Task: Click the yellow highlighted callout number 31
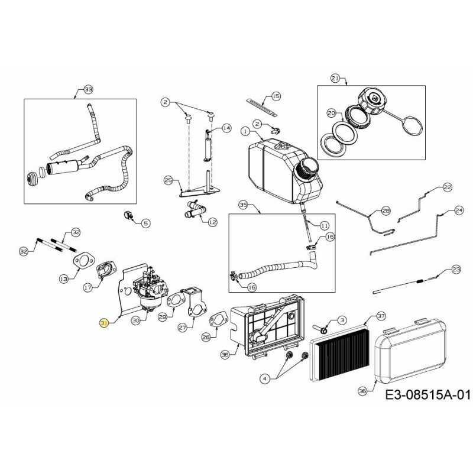pos(105,323)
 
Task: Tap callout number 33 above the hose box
pos(88,89)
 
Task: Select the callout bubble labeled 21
pos(335,78)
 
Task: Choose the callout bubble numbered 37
pos(381,316)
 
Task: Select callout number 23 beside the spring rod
pos(455,269)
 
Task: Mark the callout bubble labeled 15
pos(275,96)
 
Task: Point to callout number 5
pos(146,223)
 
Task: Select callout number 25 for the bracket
pos(168,180)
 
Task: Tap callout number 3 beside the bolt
pos(342,320)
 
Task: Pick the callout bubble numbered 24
pos(459,210)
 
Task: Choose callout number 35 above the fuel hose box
pos(242,205)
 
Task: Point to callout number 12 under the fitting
pos(213,222)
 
